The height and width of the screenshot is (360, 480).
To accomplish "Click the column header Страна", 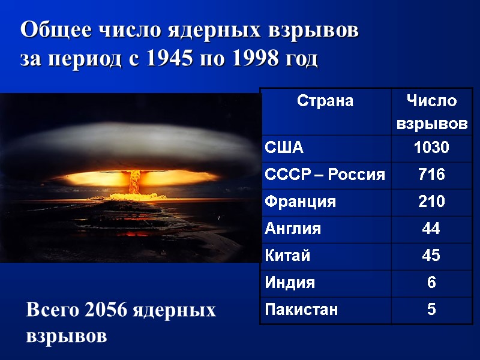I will click(x=325, y=101).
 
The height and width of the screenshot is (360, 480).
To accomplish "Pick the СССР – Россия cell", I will click(x=325, y=175).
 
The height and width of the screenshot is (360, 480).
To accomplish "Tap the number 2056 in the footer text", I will click(x=103, y=311).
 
